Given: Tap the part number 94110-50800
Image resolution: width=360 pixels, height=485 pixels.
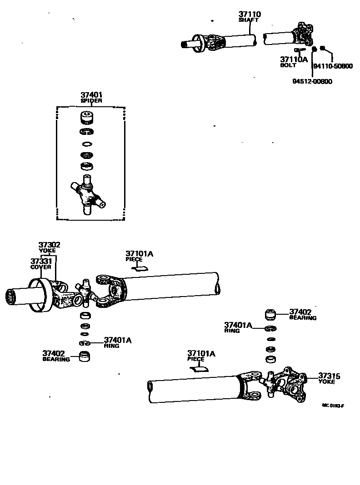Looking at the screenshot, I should click(333, 66).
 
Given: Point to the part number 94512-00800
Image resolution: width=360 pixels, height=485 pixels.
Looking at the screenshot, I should click(312, 82).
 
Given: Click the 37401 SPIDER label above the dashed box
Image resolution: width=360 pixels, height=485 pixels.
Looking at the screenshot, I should click(91, 97).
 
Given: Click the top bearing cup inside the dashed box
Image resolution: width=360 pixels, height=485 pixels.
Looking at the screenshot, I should click(87, 117).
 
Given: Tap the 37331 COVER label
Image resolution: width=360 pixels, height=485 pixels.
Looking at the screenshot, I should click(41, 263).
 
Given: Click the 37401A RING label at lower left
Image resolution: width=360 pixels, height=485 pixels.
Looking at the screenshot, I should click(117, 341).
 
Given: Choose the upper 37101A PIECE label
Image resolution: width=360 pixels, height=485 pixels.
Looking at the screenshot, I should click(139, 255).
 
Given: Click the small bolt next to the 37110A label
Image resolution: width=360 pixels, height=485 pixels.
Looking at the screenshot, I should click(300, 49).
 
